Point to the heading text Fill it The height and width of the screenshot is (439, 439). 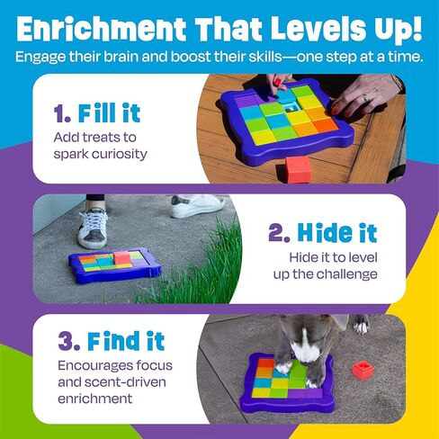point(111,114)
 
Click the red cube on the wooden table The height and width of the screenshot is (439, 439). point(298,167)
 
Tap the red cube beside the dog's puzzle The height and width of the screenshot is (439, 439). point(363,369)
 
